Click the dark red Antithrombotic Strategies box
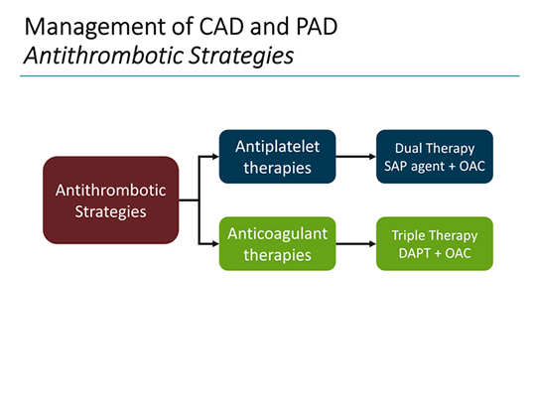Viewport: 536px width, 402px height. click(x=110, y=200)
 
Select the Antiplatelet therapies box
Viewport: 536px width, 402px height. click(x=272, y=156)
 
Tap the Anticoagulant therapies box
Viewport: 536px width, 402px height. click(x=272, y=244)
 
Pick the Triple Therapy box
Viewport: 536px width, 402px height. click(x=435, y=244)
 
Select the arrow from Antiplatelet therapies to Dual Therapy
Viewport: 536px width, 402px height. click(x=354, y=156)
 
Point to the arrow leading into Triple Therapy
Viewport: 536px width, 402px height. click(x=354, y=244)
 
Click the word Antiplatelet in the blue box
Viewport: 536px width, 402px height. click(x=272, y=146)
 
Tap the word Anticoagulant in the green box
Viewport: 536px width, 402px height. click(x=272, y=234)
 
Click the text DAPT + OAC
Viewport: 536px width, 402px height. click(x=435, y=254)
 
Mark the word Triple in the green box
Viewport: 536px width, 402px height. click(x=410, y=235)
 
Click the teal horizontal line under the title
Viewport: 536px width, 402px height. click(x=268, y=75)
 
